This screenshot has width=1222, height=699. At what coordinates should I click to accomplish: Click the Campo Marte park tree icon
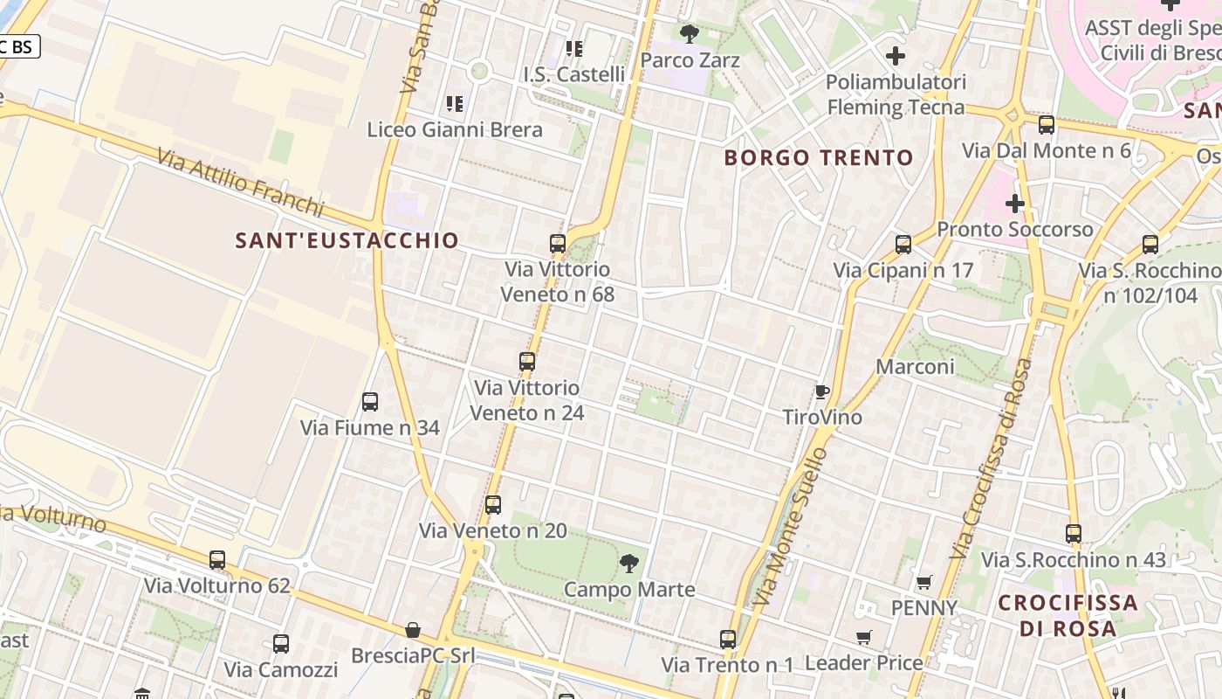click(628, 564)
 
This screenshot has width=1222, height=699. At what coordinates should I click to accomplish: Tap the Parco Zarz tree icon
click(690, 34)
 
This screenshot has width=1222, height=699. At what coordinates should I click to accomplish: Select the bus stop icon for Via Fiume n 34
click(370, 402)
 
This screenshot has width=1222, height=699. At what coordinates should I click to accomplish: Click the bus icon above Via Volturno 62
click(217, 560)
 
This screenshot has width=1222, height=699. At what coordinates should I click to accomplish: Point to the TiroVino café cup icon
click(821, 391)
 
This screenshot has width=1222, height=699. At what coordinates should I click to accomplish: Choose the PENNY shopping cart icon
click(923, 582)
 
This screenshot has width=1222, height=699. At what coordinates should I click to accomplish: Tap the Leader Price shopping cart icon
click(864, 637)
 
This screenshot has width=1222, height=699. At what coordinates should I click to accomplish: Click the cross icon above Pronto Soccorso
click(1014, 204)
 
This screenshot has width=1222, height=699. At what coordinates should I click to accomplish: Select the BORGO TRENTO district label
click(819, 158)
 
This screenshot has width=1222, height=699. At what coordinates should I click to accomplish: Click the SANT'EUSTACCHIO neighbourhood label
click(347, 240)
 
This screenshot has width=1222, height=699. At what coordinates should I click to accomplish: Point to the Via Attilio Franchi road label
click(241, 183)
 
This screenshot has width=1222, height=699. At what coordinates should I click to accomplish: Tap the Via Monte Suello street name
click(789, 527)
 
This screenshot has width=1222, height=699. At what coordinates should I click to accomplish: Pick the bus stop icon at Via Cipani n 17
click(903, 245)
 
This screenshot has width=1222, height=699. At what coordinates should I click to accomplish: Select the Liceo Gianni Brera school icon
click(454, 104)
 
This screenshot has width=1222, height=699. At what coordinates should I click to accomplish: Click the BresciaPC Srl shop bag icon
click(413, 630)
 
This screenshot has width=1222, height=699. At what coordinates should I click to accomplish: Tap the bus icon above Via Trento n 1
click(728, 640)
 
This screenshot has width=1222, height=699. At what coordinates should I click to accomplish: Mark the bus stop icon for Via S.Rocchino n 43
click(1074, 533)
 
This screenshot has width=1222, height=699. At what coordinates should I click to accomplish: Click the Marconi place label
click(915, 366)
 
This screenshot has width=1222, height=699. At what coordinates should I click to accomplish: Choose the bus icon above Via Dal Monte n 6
click(1047, 125)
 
